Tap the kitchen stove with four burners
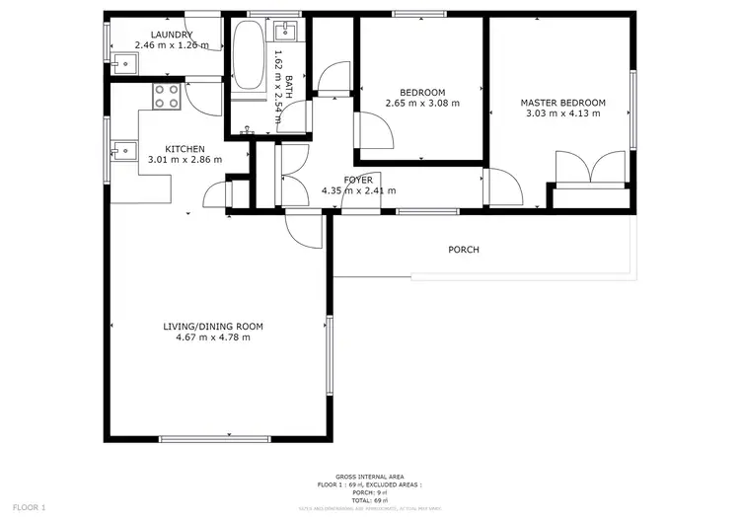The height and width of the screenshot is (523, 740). (166, 96)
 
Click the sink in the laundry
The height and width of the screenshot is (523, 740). (124, 65)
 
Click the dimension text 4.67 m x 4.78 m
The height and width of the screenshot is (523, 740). (213, 337)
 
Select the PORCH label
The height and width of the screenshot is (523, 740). (463, 250)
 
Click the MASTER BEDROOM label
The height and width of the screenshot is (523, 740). (562, 103)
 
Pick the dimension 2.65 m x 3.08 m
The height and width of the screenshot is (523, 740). (422, 103)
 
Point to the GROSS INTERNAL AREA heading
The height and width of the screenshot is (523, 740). (369, 477)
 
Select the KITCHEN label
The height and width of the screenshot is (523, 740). (185, 148)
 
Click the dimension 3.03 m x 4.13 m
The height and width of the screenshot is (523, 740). (562, 113)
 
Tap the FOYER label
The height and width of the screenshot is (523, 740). (358, 180)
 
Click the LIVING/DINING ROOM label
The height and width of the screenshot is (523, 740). (213, 326)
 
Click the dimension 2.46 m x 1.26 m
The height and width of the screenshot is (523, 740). (172, 44)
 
